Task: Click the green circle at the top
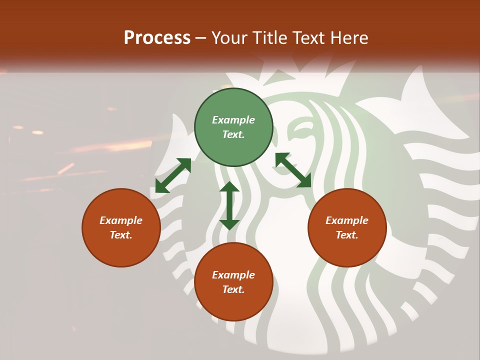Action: coord(233,127)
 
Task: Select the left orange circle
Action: coord(121,227)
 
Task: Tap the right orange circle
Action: coord(347,227)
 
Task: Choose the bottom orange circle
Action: coord(233,282)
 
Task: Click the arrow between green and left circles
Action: coord(173,175)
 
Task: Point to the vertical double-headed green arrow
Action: coord(229,205)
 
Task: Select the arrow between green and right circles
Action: coord(293,170)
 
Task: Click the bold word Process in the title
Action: coord(157,37)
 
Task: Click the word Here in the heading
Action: coord(348,37)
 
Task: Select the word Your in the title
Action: coord(230,37)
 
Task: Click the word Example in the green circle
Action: coord(233,120)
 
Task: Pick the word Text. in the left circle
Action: coord(121,235)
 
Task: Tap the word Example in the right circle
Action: coord(347,220)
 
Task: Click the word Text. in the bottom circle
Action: coord(233,289)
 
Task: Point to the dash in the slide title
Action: coord(201,38)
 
